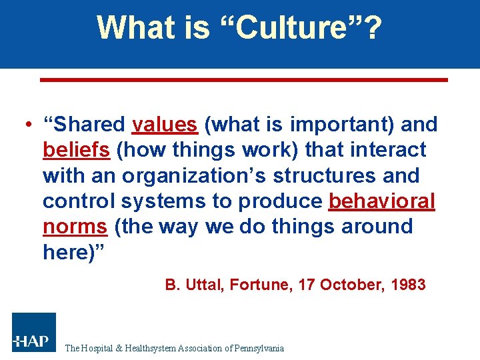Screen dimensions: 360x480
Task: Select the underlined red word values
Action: [x=165, y=125]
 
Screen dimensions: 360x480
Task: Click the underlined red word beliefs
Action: [x=76, y=150]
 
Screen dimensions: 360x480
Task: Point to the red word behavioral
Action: [x=382, y=201]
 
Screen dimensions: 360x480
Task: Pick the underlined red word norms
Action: [x=75, y=227]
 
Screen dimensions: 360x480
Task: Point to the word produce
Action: [x=281, y=201]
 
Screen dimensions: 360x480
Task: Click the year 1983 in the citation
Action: [x=407, y=285]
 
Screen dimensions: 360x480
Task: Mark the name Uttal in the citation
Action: [x=203, y=285]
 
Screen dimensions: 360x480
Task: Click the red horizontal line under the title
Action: [x=243, y=80]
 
